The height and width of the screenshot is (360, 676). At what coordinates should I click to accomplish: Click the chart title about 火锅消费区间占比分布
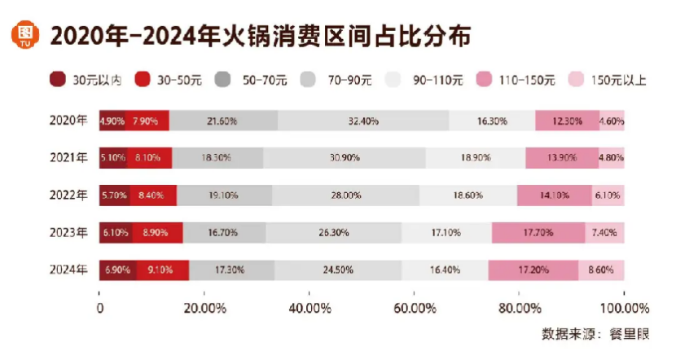point(261,37)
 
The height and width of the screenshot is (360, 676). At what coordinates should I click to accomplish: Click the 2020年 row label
point(68,121)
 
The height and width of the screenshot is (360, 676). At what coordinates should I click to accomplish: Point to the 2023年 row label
point(68,232)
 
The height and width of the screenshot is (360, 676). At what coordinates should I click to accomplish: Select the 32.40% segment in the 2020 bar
point(362,121)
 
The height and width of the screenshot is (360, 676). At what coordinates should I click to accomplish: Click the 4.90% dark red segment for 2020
point(111,121)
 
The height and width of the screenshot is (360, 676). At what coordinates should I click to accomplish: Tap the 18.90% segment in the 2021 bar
point(475,158)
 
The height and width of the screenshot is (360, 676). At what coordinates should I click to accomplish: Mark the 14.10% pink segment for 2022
point(555,195)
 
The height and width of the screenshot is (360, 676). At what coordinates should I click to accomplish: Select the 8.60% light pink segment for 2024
point(602,270)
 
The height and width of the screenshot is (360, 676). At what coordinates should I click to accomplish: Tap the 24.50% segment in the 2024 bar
point(338,270)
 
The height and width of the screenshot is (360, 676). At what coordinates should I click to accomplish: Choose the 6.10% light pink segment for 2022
point(608,195)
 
